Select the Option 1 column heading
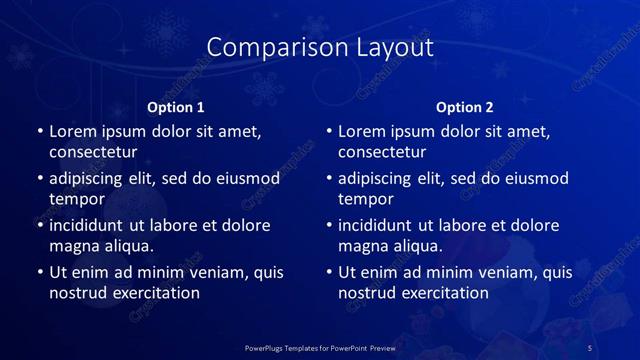click(176, 107)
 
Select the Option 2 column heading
click(465, 107)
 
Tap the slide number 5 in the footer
click(589, 347)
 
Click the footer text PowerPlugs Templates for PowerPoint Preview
click(321, 347)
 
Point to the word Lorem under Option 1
click(76, 131)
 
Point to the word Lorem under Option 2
click(365, 131)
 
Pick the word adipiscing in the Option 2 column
click(379, 178)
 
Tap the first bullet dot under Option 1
click(40, 132)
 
